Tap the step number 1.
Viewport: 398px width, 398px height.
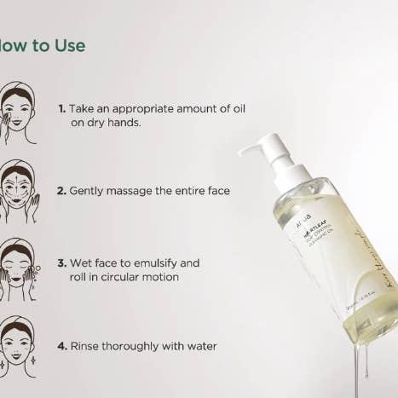(x=61, y=109)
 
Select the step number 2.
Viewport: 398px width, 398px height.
(x=61, y=191)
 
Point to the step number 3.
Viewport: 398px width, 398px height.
(x=61, y=263)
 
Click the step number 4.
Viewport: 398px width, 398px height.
(x=61, y=346)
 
